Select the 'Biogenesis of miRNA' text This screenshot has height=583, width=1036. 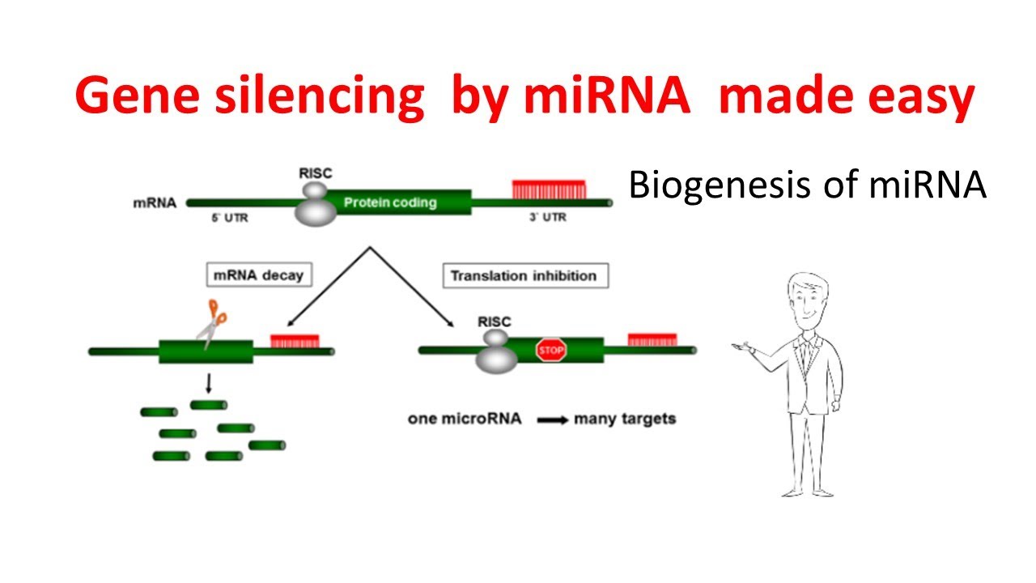point(807,185)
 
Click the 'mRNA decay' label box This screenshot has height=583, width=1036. point(257,275)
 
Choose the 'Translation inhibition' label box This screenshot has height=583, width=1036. point(524,275)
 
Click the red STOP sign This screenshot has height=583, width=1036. point(551,351)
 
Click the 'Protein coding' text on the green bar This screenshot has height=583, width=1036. point(390,202)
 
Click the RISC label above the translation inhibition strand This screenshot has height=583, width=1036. point(495,321)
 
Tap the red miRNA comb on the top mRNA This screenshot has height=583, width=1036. point(549,189)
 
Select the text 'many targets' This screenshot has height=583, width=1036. point(624,419)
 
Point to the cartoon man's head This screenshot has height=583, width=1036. point(807,300)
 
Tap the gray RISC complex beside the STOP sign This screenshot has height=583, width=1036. point(496,351)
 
